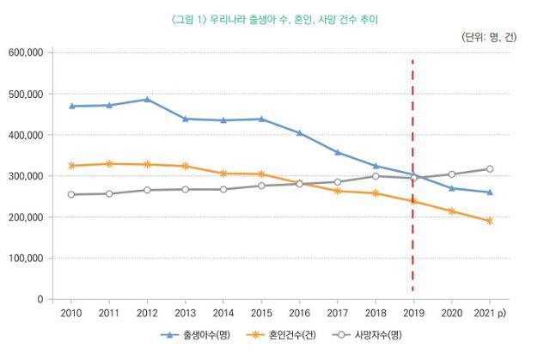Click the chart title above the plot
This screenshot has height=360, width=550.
[274, 18]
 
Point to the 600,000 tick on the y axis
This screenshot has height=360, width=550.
[26, 52]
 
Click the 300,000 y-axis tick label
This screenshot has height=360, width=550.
[26, 176]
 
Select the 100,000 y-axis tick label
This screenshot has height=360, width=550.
[26, 259]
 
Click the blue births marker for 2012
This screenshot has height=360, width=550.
[147, 100]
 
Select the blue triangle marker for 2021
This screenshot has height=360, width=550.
[489, 192]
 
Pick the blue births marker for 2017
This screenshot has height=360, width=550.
[337, 152]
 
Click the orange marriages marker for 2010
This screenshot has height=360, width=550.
[71, 166]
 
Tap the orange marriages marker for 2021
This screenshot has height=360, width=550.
[489, 221]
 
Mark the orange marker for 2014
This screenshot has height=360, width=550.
[223, 174]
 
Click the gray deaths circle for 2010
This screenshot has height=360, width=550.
[71, 194]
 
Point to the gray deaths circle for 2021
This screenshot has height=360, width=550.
[489, 169]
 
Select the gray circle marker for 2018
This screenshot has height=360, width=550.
[375, 176]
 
